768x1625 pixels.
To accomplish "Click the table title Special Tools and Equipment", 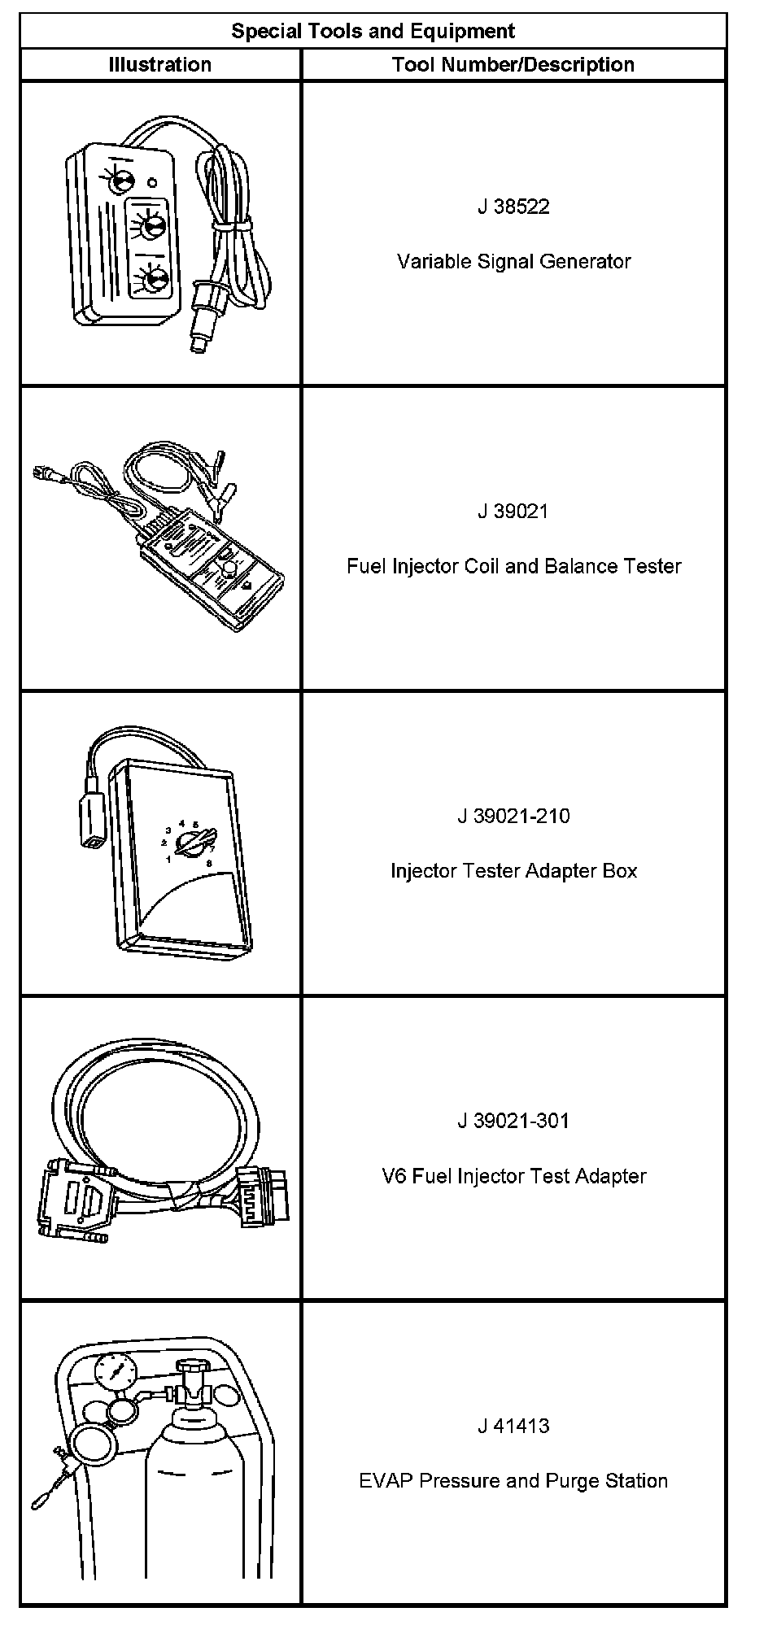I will pos(373,32).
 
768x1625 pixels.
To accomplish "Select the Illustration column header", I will pos(159,65).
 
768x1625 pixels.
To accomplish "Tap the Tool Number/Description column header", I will pos(513,65).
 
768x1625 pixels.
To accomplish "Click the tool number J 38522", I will pos(513,207).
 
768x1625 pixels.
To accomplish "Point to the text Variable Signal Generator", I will pos(513,262).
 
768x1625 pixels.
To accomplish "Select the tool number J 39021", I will pos(513,512).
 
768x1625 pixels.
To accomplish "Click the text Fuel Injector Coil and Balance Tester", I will pos(513,566).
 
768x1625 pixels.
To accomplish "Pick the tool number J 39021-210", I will pos(513,816).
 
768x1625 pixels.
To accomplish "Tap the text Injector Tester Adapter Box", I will pos(513,871).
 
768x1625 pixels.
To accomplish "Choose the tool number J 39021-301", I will pos(513,1121).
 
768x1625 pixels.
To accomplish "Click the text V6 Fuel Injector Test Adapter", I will pos(513,1176).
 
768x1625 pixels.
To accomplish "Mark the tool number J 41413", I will pos(513,1426).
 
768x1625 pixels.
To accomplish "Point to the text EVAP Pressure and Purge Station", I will pos(513,1481).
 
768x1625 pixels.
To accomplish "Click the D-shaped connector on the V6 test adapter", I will pos(76,1199).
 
